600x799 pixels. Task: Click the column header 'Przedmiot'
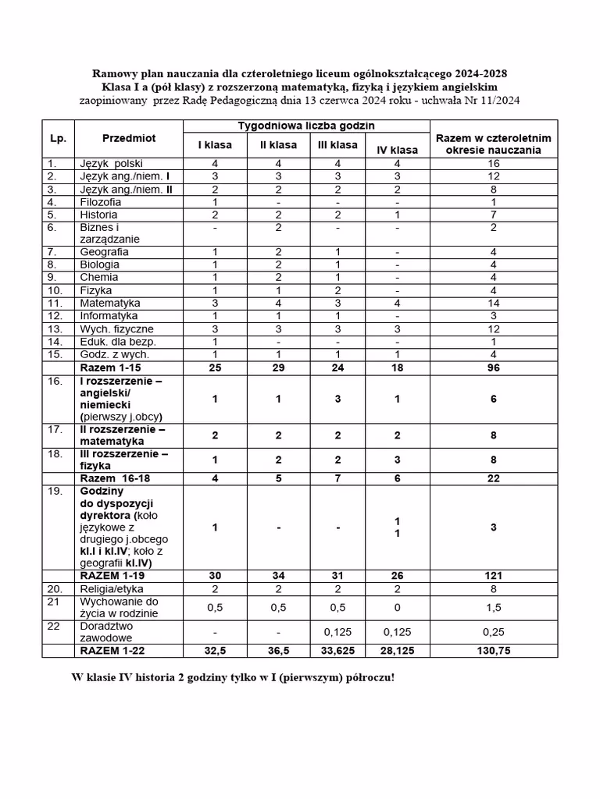128,138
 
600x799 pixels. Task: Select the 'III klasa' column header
337,145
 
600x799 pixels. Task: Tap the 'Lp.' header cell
58,138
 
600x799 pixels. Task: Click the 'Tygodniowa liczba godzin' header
306,126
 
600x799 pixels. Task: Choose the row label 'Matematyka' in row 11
109,303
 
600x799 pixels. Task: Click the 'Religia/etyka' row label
112,589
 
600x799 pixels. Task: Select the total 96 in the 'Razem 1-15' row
493,368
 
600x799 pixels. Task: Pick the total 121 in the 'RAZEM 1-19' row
493,576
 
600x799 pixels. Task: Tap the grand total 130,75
493,651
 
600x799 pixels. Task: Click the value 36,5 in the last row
278,651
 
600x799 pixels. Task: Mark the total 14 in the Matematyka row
493,303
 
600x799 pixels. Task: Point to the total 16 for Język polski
493,164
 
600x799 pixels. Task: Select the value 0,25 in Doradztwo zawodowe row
493,632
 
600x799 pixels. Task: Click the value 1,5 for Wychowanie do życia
493,608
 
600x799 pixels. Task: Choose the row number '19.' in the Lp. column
55,492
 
